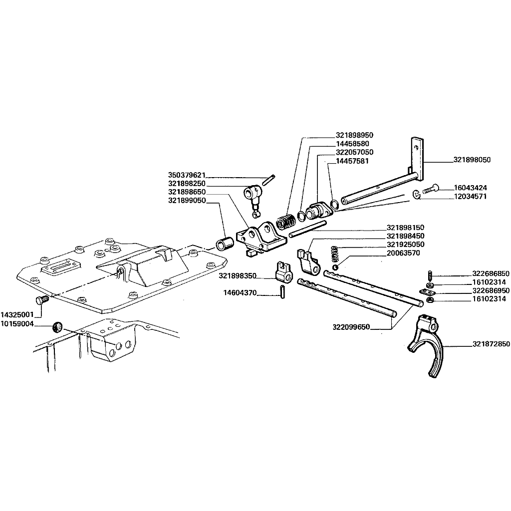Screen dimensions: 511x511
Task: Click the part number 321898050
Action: coord(472,160)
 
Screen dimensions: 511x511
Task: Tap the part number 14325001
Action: coord(17,315)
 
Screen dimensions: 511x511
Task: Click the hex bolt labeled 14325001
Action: coord(41,299)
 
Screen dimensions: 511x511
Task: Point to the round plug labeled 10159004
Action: coord(57,326)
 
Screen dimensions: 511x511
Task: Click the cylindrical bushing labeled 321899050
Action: coord(225,244)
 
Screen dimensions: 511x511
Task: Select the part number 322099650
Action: coord(351,326)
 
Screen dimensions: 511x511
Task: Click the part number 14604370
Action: coord(240,292)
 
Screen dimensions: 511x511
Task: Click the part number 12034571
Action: coord(470,197)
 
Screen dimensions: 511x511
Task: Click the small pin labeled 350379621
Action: coord(269,180)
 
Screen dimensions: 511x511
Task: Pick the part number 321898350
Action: coord(237,276)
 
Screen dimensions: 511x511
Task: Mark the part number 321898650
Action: coord(187,192)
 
